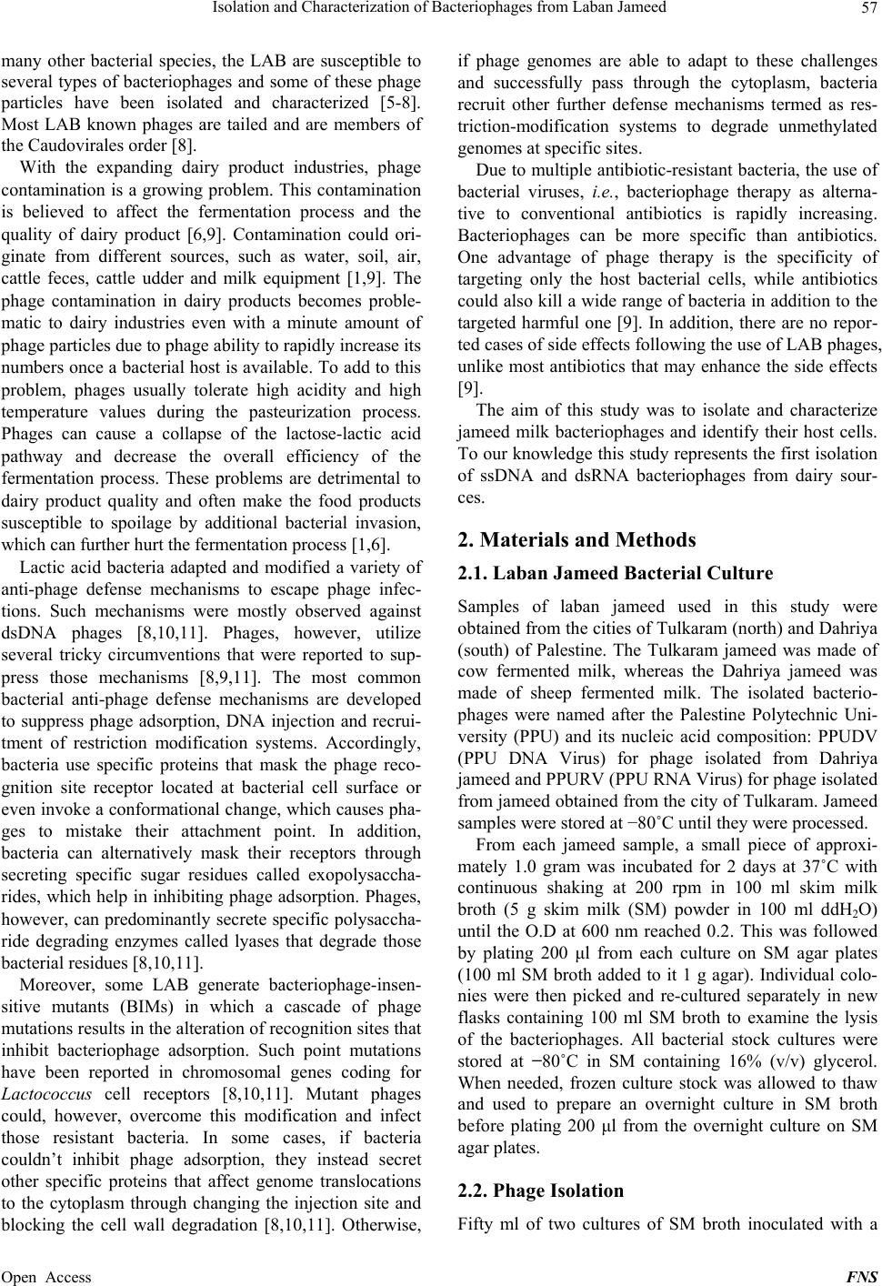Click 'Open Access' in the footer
46,1276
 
